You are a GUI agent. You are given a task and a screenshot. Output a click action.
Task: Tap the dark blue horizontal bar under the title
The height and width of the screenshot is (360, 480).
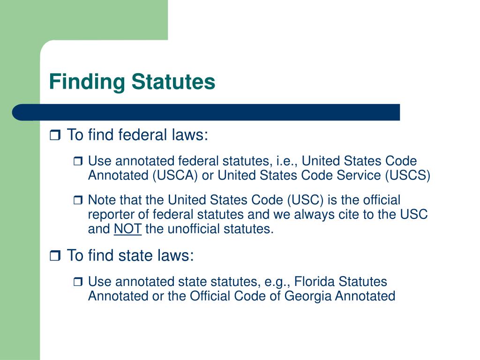[206, 112]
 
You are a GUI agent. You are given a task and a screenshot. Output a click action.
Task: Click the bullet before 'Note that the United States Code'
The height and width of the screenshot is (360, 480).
[78, 201]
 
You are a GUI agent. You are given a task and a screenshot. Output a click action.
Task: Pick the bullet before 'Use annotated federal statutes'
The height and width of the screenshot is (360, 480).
[78, 162]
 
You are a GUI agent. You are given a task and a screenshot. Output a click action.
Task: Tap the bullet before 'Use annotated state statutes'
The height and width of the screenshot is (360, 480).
[78, 283]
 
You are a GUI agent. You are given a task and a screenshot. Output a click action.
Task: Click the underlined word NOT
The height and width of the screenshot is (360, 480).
[127, 229]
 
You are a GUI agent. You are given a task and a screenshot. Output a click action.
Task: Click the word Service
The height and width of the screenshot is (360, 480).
[356, 176]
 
